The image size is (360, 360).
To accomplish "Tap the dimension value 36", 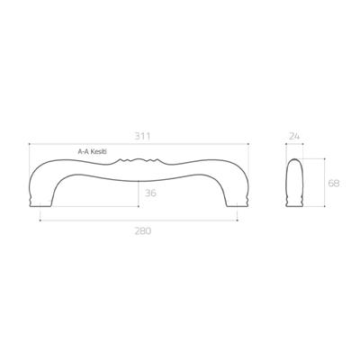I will pos(151,192).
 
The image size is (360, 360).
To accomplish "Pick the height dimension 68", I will pos(332,183).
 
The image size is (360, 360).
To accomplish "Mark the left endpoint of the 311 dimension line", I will pos(30,144).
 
